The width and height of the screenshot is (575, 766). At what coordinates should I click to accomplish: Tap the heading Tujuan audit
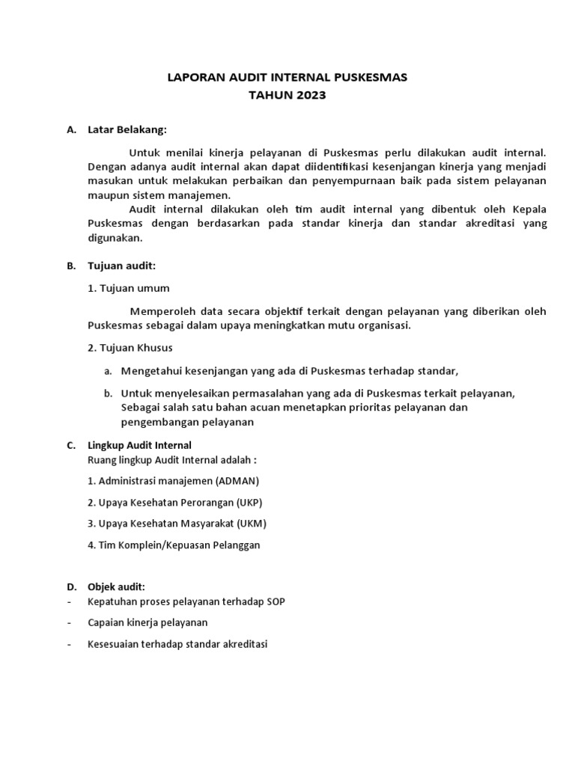click(x=121, y=266)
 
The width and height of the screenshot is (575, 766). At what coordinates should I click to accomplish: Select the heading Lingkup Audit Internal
click(x=140, y=445)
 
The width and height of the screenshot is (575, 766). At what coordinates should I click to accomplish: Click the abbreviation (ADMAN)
click(x=237, y=480)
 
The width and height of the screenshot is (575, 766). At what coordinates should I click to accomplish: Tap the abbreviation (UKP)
click(x=249, y=502)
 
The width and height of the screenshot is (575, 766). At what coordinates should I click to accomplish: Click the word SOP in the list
click(x=275, y=601)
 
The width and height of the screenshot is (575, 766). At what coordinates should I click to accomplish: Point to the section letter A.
click(x=70, y=130)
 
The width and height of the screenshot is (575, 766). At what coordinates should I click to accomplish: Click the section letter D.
click(x=70, y=587)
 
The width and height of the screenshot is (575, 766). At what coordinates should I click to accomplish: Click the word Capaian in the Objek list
click(x=106, y=622)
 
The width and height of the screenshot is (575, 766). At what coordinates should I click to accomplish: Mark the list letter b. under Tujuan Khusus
click(x=108, y=393)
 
